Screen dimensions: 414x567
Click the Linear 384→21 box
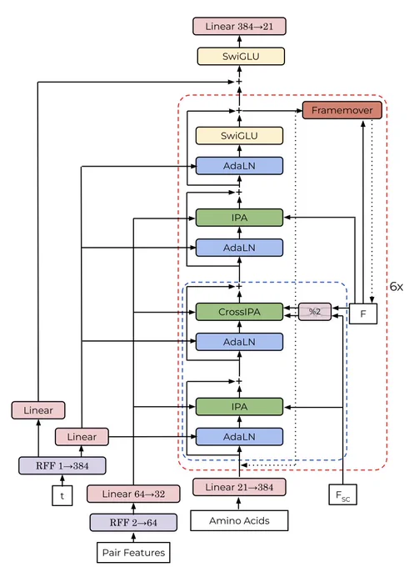(239, 27)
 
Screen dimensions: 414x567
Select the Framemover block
(342, 110)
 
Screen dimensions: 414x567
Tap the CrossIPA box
(239, 312)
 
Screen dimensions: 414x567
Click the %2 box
(315, 312)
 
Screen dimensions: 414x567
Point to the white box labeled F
(363, 314)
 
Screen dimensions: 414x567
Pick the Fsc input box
(343, 494)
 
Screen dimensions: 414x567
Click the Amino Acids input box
(239, 520)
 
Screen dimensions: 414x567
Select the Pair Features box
(133, 553)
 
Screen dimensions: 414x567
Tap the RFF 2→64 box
(133, 523)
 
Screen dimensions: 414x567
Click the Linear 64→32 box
(133, 494)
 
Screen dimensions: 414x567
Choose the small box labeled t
(62, 495)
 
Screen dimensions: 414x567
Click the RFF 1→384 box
(62, 466)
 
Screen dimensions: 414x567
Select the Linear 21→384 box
(239, 487)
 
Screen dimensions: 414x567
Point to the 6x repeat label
(397, 287)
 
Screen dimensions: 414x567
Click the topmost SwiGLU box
(241, 57)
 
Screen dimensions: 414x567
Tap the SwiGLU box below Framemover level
(239, 136)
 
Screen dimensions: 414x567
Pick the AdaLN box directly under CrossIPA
(239, 342)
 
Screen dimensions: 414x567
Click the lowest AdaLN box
(239, 437)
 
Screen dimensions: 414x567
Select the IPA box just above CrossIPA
(239, 218)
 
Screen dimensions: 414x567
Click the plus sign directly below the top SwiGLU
(239, 82)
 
